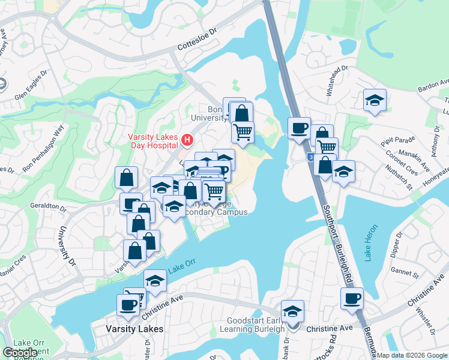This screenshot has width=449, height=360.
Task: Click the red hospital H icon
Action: click(187, 141)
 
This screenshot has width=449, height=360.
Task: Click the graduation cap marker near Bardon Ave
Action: click(375, 100)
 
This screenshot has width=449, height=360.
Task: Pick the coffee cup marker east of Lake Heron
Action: click(352, 298)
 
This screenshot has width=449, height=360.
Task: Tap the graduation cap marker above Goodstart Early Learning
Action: click(292, 311)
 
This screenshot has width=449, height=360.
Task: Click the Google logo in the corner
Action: click(20, 352)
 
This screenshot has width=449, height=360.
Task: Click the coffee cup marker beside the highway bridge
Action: click(298, 128)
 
